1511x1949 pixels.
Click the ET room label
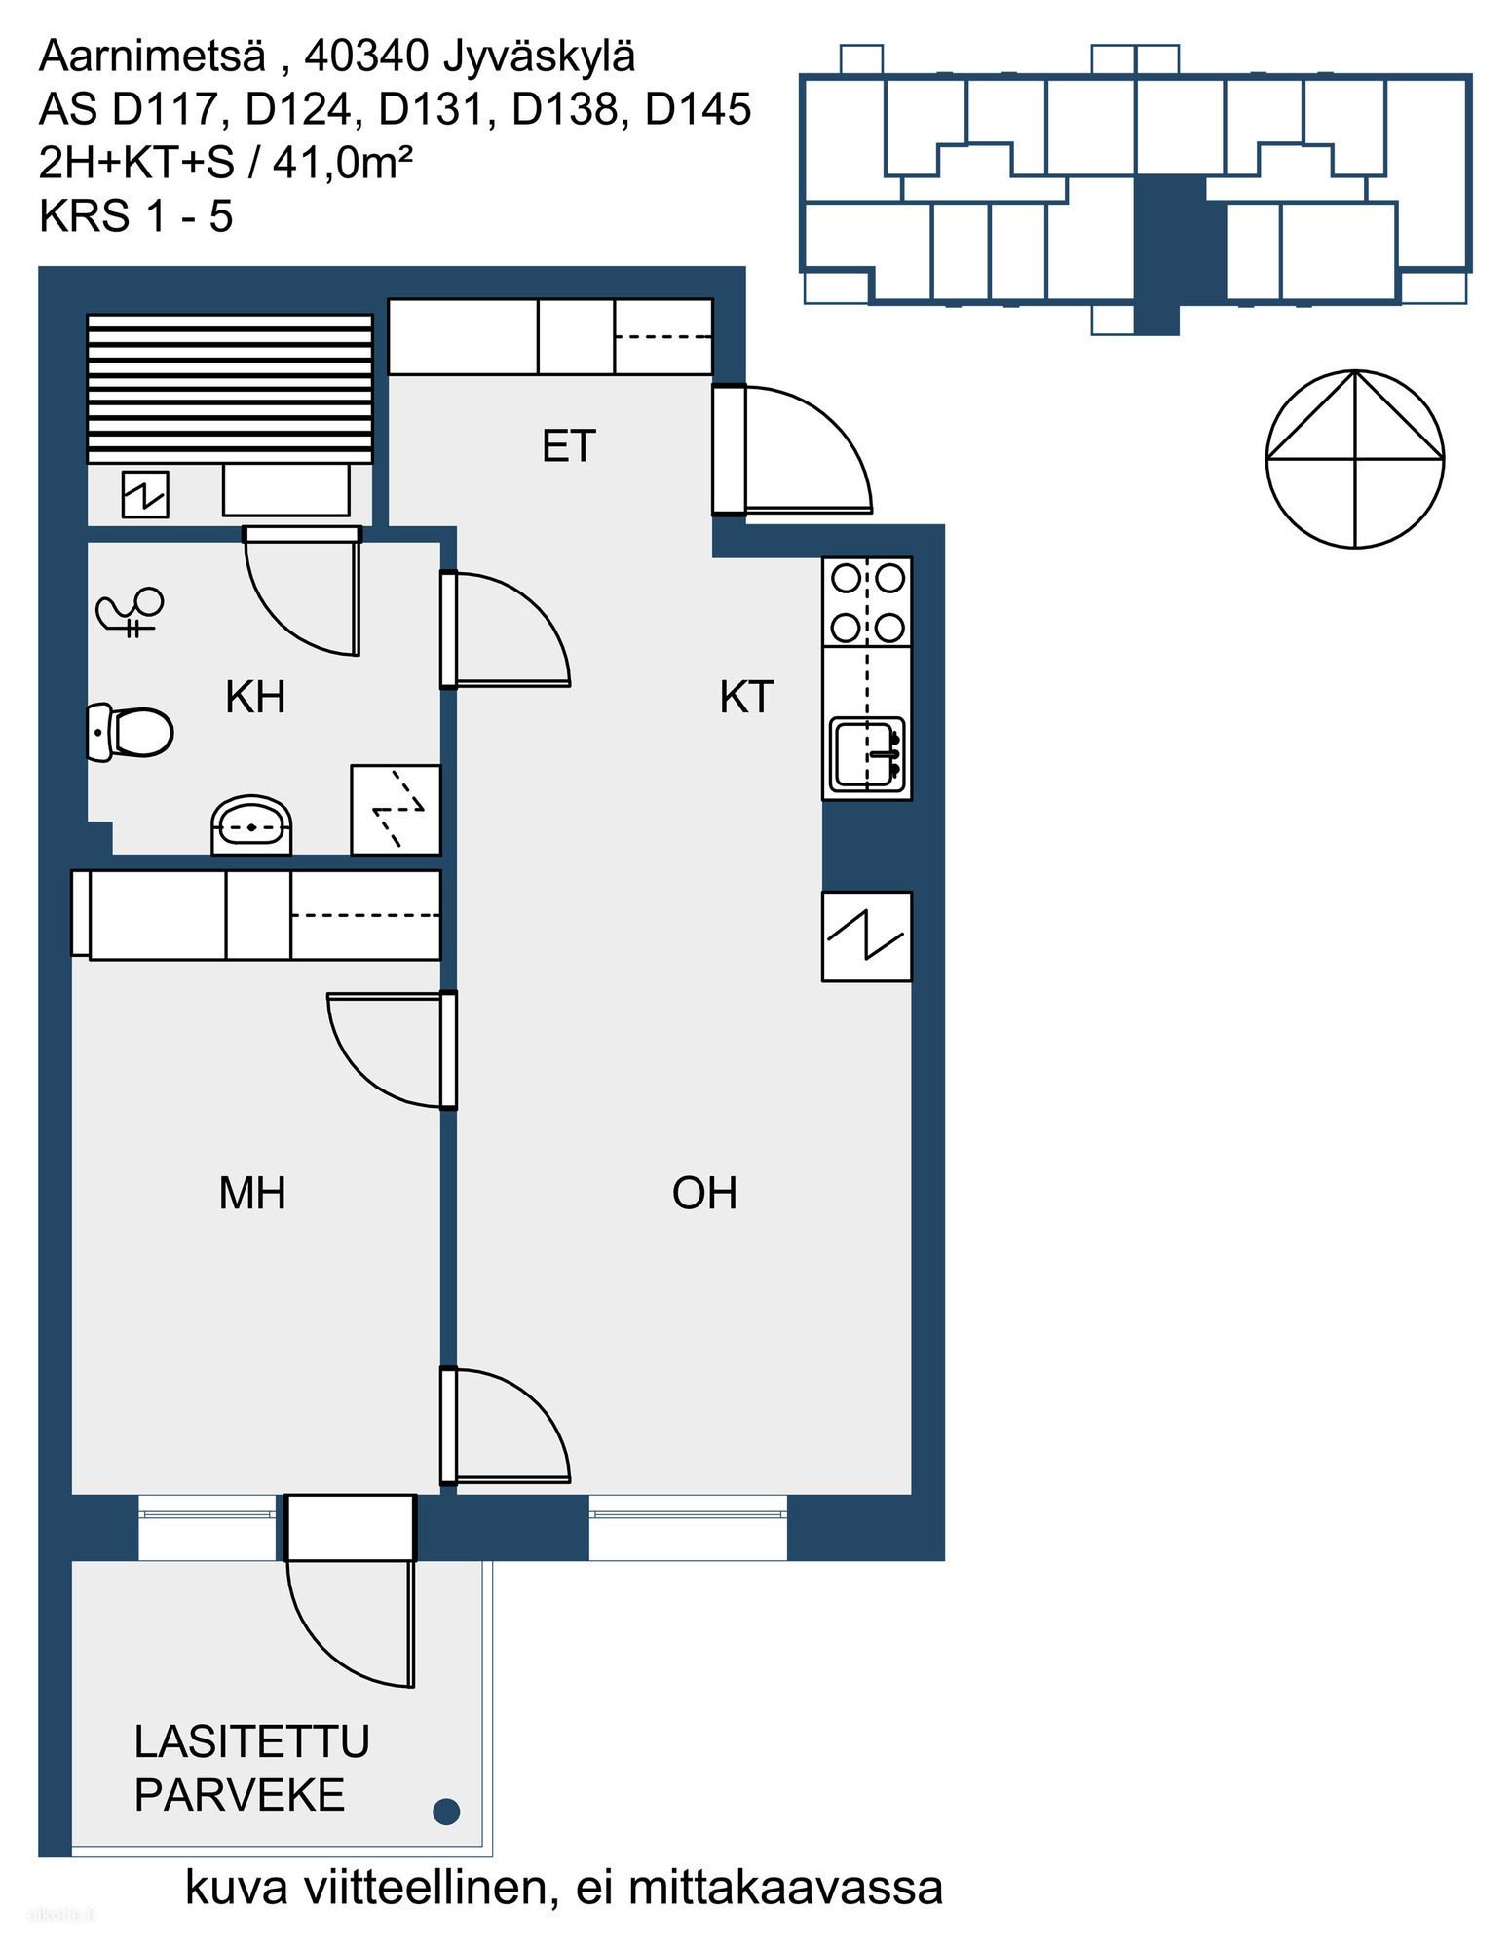tap(569, 446)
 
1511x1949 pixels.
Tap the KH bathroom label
tap(255, 698)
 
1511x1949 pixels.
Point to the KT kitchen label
tap(746, 698)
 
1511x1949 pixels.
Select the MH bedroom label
tap(252, 1194)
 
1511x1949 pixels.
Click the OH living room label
tap(704, 1194)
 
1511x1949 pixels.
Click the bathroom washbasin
tap(251, 825)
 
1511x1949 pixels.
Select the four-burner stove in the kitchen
tap(867, 602)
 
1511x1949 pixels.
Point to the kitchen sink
tap(867, 753)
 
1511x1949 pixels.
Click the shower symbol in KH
tap(131, 613)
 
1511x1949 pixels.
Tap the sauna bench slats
tap(230, 388)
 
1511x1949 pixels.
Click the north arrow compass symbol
tap(1355, 458)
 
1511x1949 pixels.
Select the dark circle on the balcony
tap(446, 1812)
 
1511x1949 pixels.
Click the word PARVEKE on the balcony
tap(240, 1795)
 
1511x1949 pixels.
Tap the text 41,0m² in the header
tap(343, 162)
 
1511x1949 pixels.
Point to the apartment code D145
tap(699, 109)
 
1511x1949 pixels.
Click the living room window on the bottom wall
tap(688, 1527)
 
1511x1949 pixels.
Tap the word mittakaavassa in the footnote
tap(786, 1888)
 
